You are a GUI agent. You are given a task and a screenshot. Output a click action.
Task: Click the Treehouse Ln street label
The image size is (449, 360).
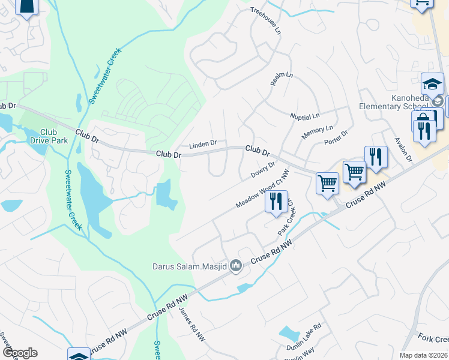[x=265, y=21]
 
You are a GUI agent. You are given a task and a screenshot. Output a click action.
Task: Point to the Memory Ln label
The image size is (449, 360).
[x=317, y=133]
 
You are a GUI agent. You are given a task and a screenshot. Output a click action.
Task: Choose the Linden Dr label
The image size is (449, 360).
[x=202, y=145]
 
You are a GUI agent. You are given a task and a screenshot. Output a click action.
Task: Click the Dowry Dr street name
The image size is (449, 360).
[x=263, y=170]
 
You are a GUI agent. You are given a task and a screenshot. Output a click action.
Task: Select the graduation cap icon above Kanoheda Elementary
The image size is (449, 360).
[x=432, y=82]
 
